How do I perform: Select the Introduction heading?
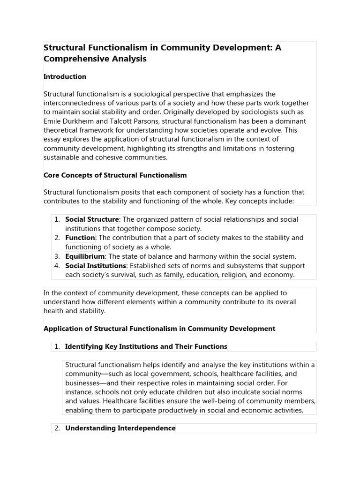65,76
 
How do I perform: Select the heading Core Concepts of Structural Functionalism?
115,175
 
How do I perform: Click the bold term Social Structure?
92,219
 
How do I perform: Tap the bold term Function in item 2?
80,238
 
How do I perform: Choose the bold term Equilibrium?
85,256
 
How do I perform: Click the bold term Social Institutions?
96,266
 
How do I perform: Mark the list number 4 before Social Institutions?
56,266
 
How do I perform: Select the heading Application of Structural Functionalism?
159,329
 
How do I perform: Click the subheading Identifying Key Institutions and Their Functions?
146,346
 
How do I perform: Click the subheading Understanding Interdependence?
120,428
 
